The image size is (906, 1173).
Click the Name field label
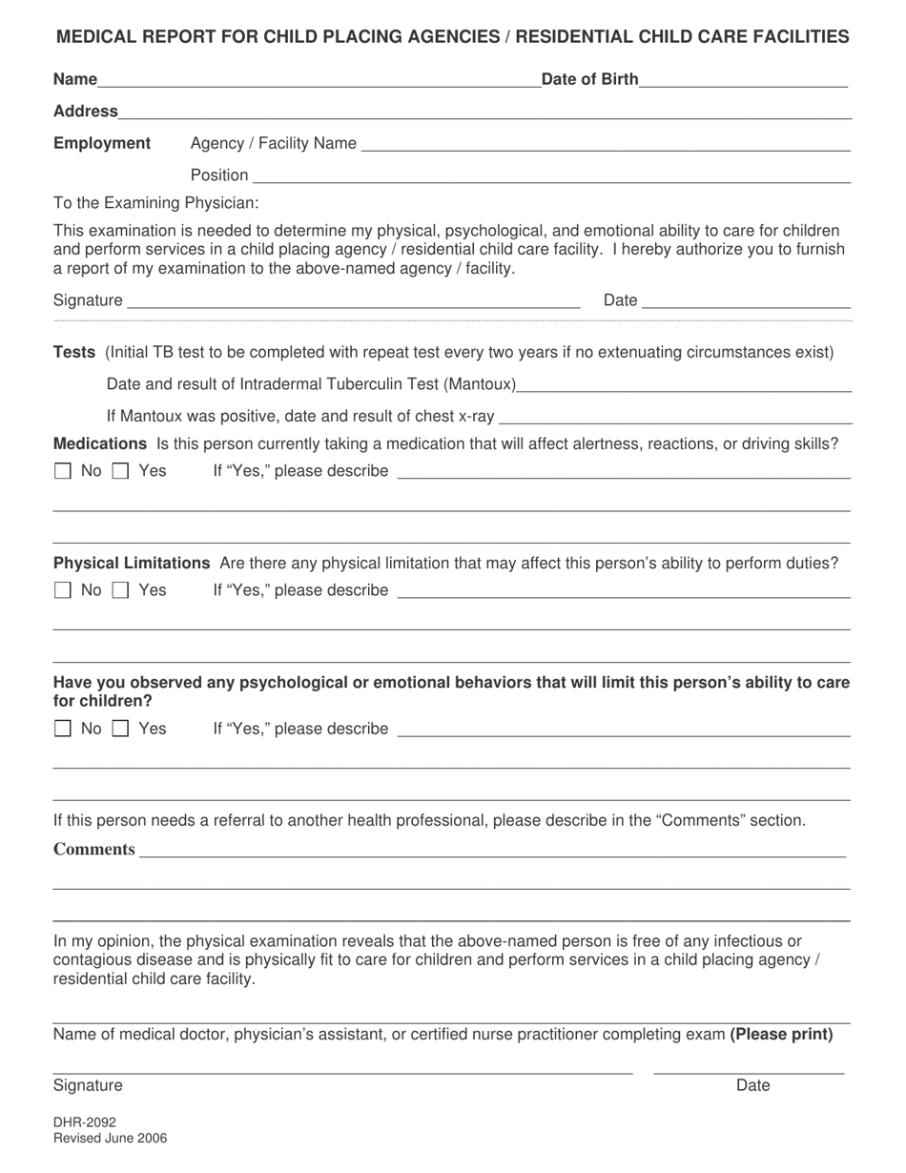[75, 79]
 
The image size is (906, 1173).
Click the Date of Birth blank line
[743, 81]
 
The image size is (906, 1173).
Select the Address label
[86, 112]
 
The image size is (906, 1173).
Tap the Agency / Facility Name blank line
[606, 145]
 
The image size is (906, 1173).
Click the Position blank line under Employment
[550, 176]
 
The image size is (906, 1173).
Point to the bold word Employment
[102, 143]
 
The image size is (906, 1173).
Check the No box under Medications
[62, 471]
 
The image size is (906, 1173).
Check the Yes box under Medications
[120, 471]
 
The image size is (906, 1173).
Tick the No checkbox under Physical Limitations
[62, 590]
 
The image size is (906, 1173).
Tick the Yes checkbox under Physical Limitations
[120, 590]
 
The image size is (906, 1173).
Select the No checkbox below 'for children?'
[62, 730]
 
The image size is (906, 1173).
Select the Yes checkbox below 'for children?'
[120, 730]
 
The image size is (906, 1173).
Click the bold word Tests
[73, 353]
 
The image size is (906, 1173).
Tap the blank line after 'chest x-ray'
[675, 418]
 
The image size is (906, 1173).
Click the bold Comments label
[94, 850]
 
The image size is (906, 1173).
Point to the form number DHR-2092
[85, 1122]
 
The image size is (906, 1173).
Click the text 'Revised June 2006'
[110, 1138]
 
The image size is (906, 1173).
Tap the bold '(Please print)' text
[781, 1034]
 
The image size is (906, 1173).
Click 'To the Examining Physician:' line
[155, 202]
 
